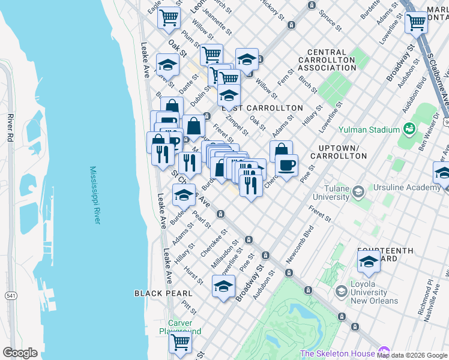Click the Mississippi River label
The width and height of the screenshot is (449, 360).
(x=95, y=196)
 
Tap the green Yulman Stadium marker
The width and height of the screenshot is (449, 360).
(x=410, y=129)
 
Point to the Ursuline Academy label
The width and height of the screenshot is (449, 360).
(x=407, y=187)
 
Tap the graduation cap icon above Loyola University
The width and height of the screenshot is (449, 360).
(x=369, y=262)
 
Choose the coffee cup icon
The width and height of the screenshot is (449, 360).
(x=287, y=164)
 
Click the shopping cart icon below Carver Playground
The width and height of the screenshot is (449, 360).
(x=180, y=343)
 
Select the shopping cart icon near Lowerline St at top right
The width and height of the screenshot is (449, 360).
(x=416, y=23)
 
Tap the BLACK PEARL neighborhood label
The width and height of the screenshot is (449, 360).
(x=163, y=293)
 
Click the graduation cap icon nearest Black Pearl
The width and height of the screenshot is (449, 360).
(x=223, y=286)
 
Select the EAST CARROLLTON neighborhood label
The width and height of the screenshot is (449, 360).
(x=262, y=108)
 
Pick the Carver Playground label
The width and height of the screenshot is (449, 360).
(x=180, y=327)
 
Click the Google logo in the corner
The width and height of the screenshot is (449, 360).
(x=20, y=353)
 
